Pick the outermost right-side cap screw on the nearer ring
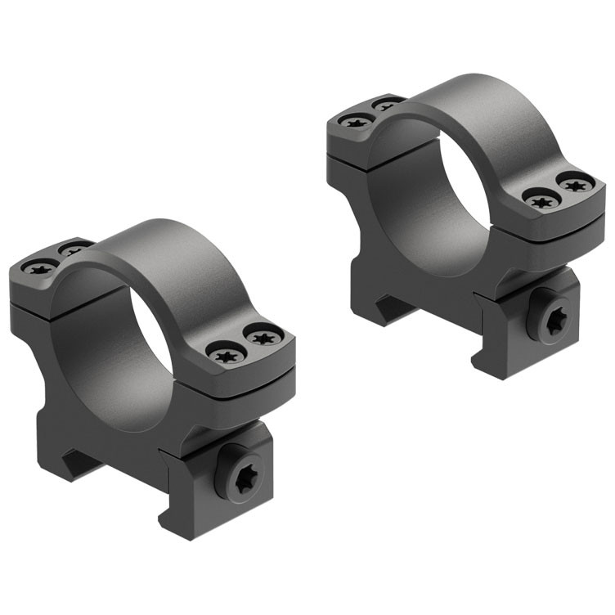[263, 336]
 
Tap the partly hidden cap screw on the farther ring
[387, 104]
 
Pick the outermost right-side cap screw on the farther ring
[576, 182]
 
